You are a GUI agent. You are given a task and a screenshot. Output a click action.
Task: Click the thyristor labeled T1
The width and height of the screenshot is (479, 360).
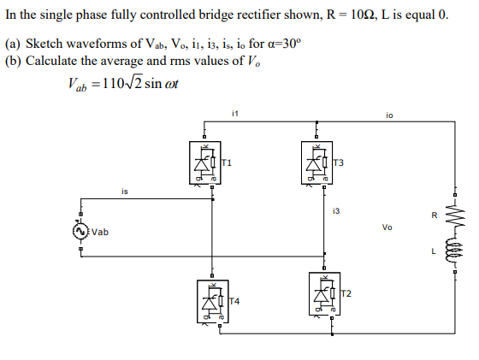(205, 162)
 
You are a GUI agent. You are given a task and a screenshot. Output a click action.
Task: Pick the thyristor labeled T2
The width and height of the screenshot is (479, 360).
(323, 295)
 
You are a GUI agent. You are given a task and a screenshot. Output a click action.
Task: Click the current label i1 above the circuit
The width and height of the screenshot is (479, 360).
(236, 112)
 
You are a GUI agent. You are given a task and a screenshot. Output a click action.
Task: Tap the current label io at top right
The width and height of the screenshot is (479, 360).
(389, 112)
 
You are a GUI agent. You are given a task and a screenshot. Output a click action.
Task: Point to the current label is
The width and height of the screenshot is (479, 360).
(124, 192)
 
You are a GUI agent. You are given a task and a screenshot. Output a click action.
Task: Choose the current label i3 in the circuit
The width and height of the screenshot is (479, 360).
(336, 209)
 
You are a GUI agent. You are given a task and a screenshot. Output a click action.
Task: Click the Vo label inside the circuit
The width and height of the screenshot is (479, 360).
(387, 227)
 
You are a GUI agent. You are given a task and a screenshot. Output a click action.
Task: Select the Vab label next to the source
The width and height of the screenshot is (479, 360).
(101, 232)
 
